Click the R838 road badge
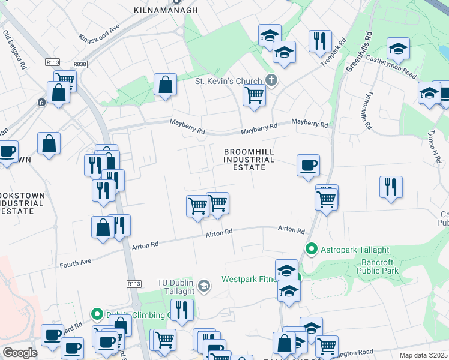tap(80, 64)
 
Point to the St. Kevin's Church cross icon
tap(271, 80)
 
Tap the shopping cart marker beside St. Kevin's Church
tap(255, 95)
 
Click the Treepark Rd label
tap(334, 53)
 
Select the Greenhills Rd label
tap(360, 52)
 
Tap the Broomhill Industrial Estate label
tap(249, 160)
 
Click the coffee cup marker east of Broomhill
tap(308, 165)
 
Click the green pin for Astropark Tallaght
tap(312, 248)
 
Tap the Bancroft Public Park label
tap(381, 266)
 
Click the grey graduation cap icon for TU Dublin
tap(204, 286)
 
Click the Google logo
tap(20, 353)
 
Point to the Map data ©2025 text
tap(424, 355)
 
